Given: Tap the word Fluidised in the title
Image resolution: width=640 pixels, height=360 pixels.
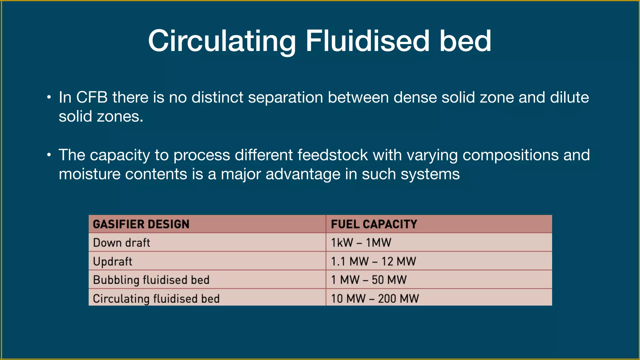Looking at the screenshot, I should click(367, 41).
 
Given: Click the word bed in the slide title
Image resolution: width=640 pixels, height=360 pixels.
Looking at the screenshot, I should click(465, 41).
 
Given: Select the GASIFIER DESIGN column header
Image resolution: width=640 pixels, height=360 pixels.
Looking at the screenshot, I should click(141, 224).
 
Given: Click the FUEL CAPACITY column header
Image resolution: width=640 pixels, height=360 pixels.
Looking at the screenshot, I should click(374, 224).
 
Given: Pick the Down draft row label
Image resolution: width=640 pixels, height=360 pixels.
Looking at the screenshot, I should click(122, 243).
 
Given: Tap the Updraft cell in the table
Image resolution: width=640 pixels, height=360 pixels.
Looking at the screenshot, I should click(113, 262).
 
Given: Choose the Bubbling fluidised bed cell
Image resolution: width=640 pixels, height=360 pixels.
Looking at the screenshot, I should click(151, 280).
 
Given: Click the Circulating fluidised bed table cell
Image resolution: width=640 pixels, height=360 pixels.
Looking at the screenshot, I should click(156, 299).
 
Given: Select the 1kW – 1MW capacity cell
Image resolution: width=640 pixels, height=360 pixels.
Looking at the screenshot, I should click(361, 243).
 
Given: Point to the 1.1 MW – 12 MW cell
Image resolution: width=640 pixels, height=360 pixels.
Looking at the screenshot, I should click(373, 262).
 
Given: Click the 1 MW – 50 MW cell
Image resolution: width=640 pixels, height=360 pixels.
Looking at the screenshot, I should click(369, 280).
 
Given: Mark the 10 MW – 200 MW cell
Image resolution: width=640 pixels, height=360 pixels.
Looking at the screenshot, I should click(375, 299).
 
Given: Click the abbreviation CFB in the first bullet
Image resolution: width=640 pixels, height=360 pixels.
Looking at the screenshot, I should click(92, 97).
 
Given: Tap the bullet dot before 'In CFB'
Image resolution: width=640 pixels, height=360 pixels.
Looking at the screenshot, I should click(49, 97).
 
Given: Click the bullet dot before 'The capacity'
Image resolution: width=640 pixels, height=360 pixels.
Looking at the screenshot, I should click(49, 155).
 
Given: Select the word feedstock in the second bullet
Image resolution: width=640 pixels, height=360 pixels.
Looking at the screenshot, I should click(332, 155).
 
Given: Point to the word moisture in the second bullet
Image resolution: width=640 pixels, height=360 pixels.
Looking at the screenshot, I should click(89, 174).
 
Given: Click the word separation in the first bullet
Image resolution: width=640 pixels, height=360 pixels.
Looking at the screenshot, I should click(285, 97).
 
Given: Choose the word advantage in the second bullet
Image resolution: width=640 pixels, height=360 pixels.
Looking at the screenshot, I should click(303, 174).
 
